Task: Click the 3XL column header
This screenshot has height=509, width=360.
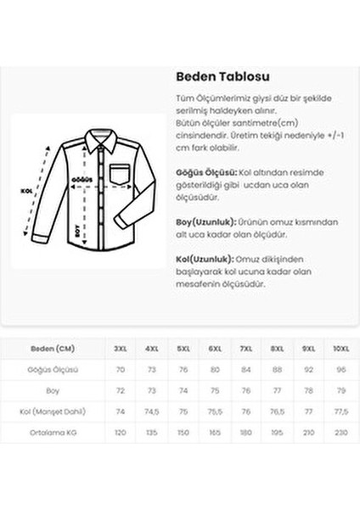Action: coord(121,348)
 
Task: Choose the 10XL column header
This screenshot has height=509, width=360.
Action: coord(339,348)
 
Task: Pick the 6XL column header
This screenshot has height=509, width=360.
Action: coord(215,348)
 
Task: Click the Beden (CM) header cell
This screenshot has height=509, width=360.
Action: coord(53,348)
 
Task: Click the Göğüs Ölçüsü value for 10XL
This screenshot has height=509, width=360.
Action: coord(339,369)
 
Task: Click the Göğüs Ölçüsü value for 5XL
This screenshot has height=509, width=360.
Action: coord(183,369)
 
